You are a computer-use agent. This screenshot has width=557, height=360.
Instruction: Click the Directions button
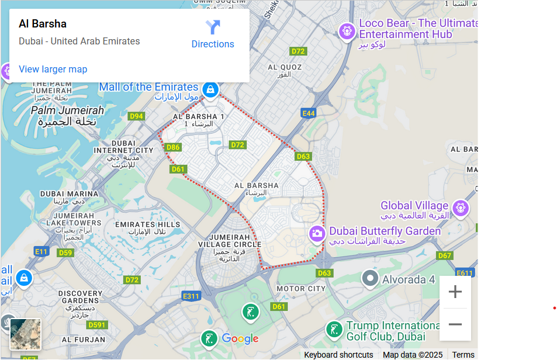point(213,34)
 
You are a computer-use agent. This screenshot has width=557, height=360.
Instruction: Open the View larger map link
point(53,69)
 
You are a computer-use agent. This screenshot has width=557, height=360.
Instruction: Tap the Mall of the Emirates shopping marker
point(210,89)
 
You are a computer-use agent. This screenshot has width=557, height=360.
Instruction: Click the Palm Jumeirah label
point(67,110)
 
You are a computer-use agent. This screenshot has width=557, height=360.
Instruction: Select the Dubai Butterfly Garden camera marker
point(317,233)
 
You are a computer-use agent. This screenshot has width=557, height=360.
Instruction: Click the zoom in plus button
point(455,292)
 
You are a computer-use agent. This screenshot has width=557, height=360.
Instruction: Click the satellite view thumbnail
point(26,334)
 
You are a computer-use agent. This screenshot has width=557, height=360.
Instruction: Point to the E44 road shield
point(308,113)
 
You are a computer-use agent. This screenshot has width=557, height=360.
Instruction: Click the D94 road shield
point(136,116)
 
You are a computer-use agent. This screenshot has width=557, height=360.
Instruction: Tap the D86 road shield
point(173,147)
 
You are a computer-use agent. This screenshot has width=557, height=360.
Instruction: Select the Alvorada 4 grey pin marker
point(370,278)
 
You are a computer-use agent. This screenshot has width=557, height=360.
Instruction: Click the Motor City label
point(300,289)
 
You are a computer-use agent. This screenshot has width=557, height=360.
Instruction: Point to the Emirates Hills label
point(147,224)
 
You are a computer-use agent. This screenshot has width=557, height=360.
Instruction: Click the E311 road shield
point(191,296)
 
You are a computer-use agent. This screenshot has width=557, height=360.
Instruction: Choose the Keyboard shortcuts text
point(338,355)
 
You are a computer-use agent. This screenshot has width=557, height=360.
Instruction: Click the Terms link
point(463,355)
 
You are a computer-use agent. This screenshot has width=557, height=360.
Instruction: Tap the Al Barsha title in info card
point(43,24)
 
